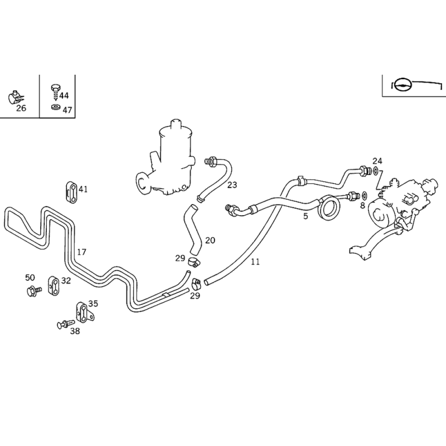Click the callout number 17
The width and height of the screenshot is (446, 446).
coord(81,252)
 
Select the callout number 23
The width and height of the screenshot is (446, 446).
coord(232,185)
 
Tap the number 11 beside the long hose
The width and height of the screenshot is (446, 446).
coord(255,261)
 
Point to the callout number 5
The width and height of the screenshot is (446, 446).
coord(306,216)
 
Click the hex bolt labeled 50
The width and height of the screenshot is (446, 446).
coord(34,290)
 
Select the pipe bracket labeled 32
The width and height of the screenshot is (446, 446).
coord(54,285)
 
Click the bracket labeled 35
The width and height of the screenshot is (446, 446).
coord(84,312)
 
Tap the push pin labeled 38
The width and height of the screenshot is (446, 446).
coord(65,324)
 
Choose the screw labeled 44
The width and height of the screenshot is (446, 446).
coord(55,92)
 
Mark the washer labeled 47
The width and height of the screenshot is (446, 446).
coord(56,107)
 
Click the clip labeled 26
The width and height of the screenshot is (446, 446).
coord(15,97)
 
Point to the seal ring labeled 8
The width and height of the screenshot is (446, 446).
coord(365,196)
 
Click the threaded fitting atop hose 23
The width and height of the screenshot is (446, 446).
coord(211,162)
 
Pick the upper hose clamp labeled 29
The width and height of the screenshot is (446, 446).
coord(193,261)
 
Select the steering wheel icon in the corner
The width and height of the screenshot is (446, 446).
coord(403,85)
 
